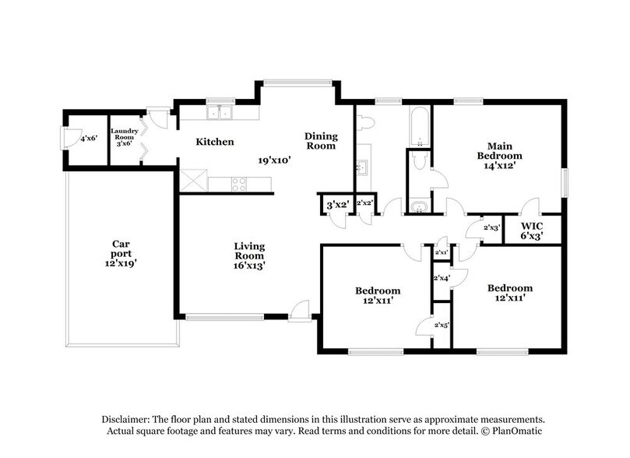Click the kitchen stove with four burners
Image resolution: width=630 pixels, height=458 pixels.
(x=238, y=184)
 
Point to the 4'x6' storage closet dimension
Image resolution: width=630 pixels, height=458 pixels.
(x=88, y=138)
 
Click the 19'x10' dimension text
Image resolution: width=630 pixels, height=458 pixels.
(x=274, y=160)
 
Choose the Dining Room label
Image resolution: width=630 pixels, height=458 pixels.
(x=320, y=140)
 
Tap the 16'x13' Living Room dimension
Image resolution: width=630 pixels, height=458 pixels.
(x=249, y=265)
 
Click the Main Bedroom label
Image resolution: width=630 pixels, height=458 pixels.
(x=499, y=150)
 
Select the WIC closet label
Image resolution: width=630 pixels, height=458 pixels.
(x=533, y=225)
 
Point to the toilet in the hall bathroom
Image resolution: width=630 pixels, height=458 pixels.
(x=366, y=122)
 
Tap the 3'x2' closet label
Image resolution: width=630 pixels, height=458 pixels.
(x=336, y=204)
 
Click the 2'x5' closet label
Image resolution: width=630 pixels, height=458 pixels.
(x=442, y=325)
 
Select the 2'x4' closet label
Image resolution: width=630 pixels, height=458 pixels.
(x=442, y=278)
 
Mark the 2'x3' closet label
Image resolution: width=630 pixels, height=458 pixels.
(x=491, y=228)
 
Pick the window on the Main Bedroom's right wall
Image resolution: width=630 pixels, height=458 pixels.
(x=566, y=182)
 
